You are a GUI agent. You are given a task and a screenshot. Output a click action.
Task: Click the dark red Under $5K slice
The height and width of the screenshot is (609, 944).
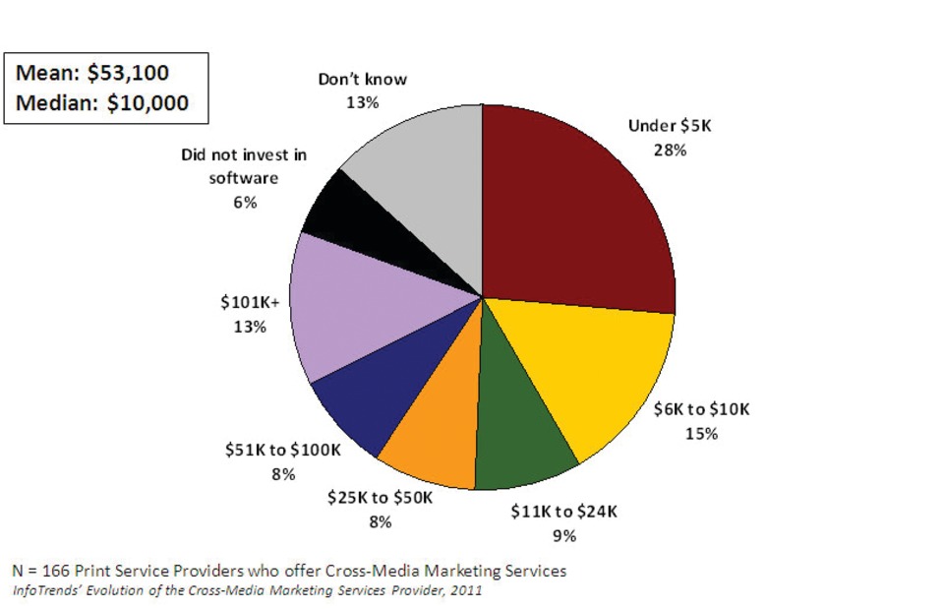(x=570, y=207)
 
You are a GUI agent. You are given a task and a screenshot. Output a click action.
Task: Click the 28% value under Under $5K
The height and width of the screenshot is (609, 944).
(x=670, y=151)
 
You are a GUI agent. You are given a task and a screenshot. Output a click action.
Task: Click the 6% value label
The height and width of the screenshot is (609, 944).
(x=245, y=202)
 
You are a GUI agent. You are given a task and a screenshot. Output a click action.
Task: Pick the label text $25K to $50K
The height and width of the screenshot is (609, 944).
(x=379, y=499)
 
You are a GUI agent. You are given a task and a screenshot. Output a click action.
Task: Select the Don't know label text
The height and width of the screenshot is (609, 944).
(x=363, y=79)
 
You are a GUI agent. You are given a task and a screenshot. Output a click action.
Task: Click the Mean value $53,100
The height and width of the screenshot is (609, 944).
(x=135, y=74)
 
